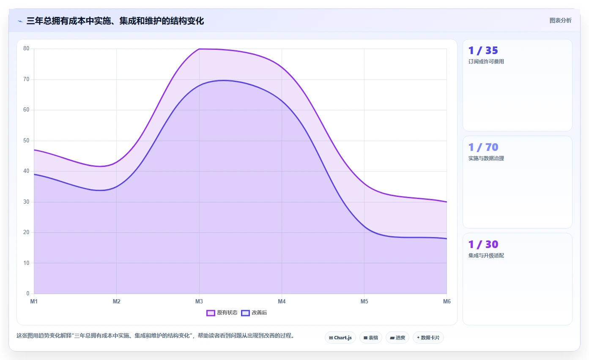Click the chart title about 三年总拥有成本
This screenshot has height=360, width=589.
[x=115, y=21]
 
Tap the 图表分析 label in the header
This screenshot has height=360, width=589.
[x=560, y=21]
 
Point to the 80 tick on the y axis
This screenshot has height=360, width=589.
[x=26, y=48]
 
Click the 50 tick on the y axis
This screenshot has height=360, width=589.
[x=26, y=141]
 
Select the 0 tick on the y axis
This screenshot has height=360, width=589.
[x=27, y=294]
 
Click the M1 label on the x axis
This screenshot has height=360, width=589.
[x=34, y=301]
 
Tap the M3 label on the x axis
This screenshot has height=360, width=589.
[x=199, y=301]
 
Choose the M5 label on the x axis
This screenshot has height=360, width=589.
[x=364, y=301]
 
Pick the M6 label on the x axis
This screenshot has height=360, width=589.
[x=447, y=301]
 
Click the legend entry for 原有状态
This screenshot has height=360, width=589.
[x=222, y=313]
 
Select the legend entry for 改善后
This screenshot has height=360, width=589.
[x=254, y=313]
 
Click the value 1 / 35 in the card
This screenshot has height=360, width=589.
[x=483, y=50]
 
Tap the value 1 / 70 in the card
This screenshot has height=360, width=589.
[x=483, y=147]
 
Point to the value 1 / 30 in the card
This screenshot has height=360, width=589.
[x=483, y=244]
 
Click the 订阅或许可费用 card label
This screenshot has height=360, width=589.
[x=486, y=62]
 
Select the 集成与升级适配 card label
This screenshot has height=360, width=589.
[x=486, y=255]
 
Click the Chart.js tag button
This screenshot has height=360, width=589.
[x=340, y=338]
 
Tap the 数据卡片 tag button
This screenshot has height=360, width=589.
[x=428, y=338]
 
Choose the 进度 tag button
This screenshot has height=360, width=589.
[x=397, y=338]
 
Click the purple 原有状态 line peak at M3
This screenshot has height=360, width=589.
[x=199, y=49]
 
